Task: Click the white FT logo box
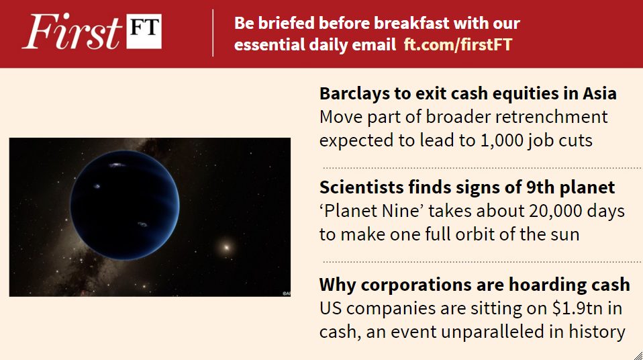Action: point(144,32)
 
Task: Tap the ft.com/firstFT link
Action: point(458,45)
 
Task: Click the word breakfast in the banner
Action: point(402,24)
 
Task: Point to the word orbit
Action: point(487,235)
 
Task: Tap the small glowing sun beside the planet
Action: point(226,246)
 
